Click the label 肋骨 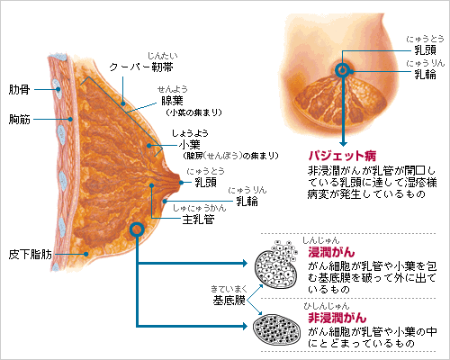[20, 89]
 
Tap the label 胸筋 [20, 119]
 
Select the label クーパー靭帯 [141, 67]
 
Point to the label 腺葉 [172, 101]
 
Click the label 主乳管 [198, 220]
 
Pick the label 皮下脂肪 [31, 255]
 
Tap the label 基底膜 [229, 301]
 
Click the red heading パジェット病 [342, 156]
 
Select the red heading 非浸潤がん [337, 318]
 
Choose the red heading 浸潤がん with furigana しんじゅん [331, 252]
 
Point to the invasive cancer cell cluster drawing [276, 265]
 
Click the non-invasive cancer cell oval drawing [276, 329]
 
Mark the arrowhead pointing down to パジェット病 [344, 143]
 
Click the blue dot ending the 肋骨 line [58, 89]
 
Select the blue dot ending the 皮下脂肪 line [86, 254]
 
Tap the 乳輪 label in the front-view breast [425, 74]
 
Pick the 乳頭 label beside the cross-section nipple [206, 183]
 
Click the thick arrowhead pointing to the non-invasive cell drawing [245, 326]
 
